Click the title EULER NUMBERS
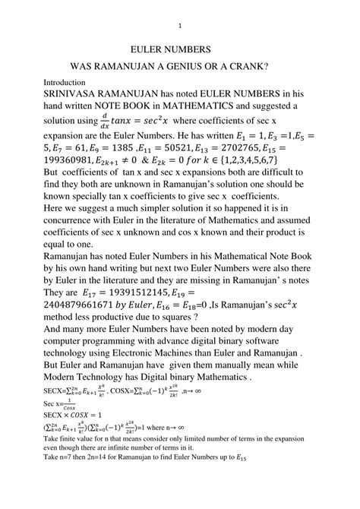coord(180,48)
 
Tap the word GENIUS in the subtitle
coord(193,67)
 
